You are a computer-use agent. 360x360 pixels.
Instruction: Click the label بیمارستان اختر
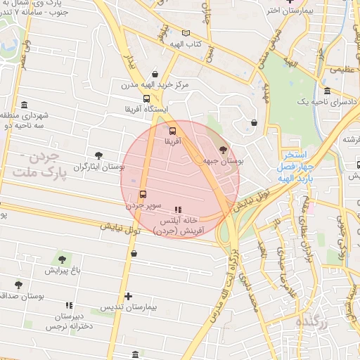pyautogui.click(x=291, y=11)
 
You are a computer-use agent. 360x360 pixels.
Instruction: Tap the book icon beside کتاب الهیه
pyautogui.click(x=185, y=33)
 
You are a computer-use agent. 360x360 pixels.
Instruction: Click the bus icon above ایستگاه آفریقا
pyautogui.click(x=146, y=98)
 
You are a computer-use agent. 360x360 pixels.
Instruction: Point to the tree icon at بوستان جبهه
pyautogui.click(x=223, y=150)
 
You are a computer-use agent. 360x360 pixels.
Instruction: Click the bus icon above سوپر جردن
pyautogui.click(x=143, y=194)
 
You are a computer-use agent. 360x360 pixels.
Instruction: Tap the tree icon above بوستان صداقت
pyautogui.click(x=18, y=285)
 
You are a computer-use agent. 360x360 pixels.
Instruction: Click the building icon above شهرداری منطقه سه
pyautogui.click(x=25, y=105)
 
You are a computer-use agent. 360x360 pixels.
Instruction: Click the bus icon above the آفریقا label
pyautogui.click(x=173, y=130)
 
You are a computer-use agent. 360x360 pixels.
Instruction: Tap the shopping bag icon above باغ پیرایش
pyautogui.click(x=134, y=253)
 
